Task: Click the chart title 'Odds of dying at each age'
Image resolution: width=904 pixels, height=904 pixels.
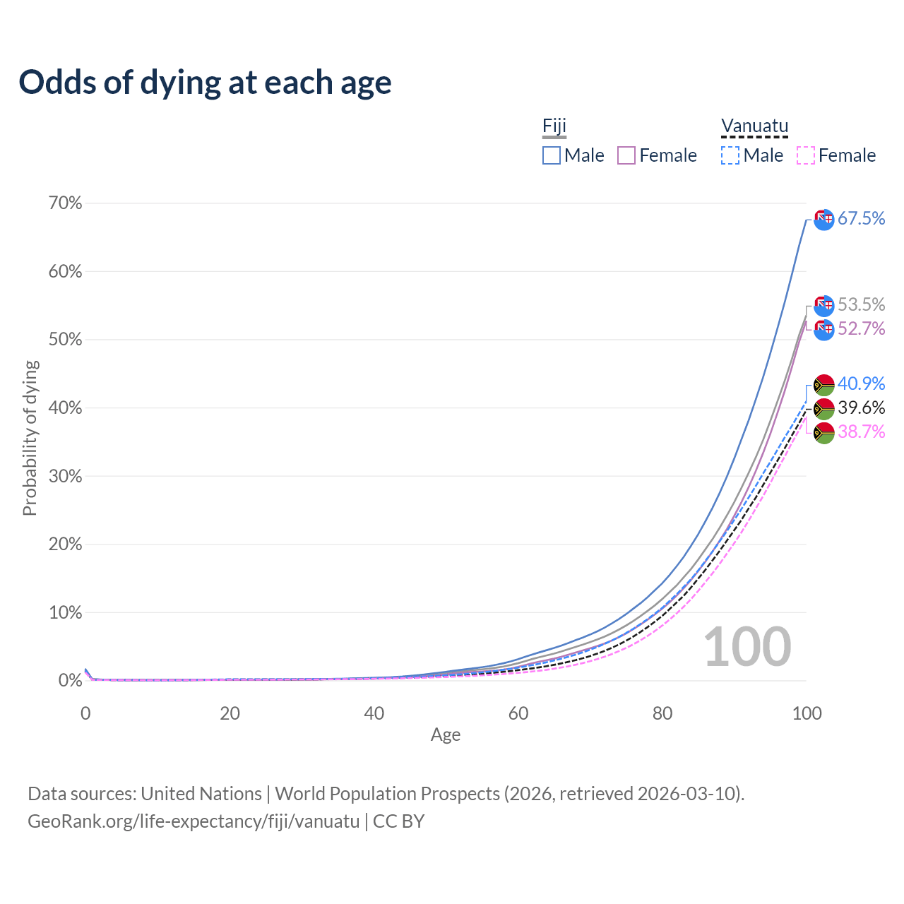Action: pyautogui.click(x=205, y=83)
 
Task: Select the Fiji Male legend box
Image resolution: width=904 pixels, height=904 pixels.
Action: pyautogui.click(x=552, y=155)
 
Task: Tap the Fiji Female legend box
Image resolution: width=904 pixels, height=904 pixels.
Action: pyautogui.click(x=626, y=155)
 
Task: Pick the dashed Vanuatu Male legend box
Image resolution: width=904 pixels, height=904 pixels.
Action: pyautogui.click(x=730, y=155)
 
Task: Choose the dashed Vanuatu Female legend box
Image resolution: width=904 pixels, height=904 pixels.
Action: pyautogui.click(x=805, y=155)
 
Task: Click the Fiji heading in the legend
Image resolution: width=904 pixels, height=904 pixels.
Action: pyautogui.click(x=554, y=126)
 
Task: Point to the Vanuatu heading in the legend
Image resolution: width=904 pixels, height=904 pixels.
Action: pyautogui.click(x=754, y=126)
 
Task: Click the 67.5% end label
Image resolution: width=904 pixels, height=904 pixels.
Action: pyautogui.click(x=861, y=218)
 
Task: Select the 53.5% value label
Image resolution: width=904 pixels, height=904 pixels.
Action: pyautogui.click(x=861, y=304)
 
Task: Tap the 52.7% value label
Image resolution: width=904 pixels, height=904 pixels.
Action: pyautogui.click(x=861, y=328)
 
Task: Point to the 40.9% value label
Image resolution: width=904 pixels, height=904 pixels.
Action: pyautogui.click(x=861, y=383)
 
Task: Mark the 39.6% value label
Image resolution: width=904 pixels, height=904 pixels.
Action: pyautogui.click(x=861, y=408)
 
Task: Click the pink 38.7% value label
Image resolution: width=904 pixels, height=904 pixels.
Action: pyautogui.click(x=861, y=432)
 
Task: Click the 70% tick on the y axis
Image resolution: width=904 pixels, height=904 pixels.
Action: pyautogui.click(x=65, y=203)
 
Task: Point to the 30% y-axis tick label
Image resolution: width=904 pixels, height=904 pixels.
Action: pyautogui.click(x=65, y=476)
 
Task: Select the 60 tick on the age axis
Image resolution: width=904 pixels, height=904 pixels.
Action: pyautogui.click(x=518, y=713)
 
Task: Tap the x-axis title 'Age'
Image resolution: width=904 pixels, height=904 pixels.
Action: pyautogui.click(x=446, y=735)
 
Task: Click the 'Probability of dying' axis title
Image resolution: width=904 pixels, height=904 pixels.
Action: pyautogui.click(x=30, y=438)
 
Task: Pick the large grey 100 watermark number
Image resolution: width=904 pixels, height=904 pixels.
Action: pyautogui.click(x=747, y=647)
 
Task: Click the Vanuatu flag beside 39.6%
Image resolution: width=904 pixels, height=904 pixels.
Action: pyautogui.click(x=824, y=408)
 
